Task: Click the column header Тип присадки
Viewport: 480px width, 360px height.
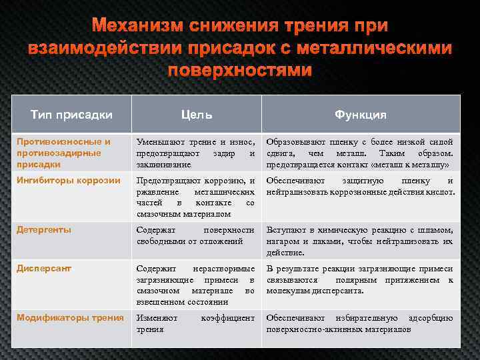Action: point(71,115)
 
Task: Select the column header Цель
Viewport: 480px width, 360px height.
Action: point(196,115)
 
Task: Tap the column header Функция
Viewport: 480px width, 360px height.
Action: point(360,115)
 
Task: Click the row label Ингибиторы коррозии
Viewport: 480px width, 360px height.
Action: point(69,180)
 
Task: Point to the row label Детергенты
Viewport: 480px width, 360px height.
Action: point(44,229)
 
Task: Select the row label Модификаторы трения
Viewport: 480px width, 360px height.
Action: point(70,317)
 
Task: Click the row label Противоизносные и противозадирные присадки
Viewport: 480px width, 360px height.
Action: point(64,152)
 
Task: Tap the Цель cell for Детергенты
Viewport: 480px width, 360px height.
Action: point(195,235)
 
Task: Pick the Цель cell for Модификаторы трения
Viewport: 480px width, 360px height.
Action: point(195,323)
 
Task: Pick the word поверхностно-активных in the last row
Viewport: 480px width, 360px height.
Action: point(306,329)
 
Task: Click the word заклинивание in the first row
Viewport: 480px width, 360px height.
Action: point(163,164)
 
